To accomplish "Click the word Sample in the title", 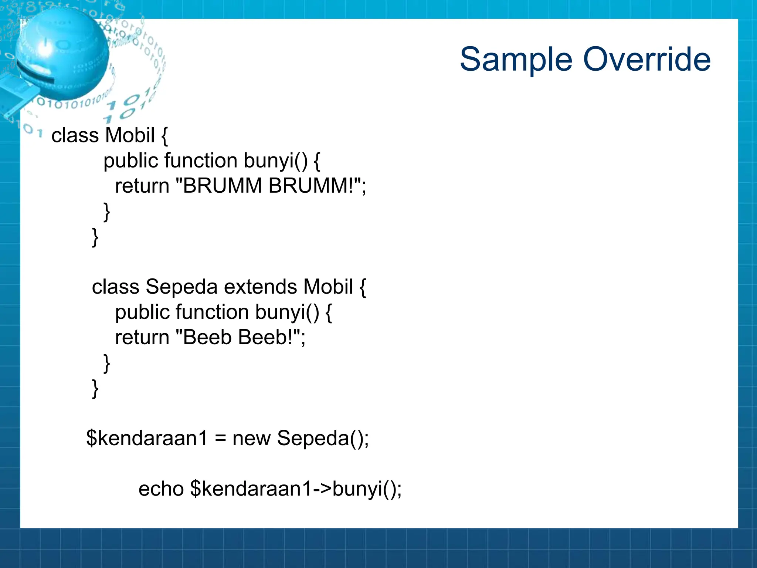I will point(516,60).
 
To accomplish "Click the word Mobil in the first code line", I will point(130,135).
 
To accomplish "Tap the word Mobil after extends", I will point(328,287).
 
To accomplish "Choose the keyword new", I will point(251,439).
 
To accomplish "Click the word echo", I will point(161,489).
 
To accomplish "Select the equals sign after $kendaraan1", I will point(220,439).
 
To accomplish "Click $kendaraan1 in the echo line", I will point(252,489).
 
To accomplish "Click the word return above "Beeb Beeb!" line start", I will point(142,337).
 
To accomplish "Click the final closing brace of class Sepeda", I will point(95,388).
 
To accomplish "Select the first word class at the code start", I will point(75,135).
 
